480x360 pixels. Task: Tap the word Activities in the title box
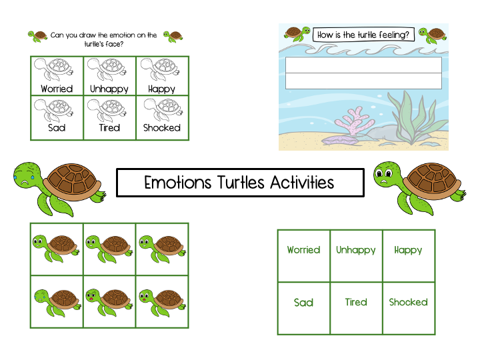coord(301,183)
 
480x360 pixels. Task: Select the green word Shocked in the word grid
coord(408,302)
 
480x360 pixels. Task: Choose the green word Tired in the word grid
coord(356,302)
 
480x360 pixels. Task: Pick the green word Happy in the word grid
coord(408,250)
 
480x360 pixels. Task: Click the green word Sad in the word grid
coord(303,303)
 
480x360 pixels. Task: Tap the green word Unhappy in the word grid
coord(356,250)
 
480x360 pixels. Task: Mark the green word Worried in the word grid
coord(303,250)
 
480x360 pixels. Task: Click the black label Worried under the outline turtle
coord(57,89)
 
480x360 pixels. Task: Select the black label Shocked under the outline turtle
coord(162,127)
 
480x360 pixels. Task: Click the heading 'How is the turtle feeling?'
coord(364,35)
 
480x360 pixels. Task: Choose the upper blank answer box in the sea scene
coord(363,65)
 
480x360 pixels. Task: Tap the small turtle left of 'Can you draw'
coord(37,35)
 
